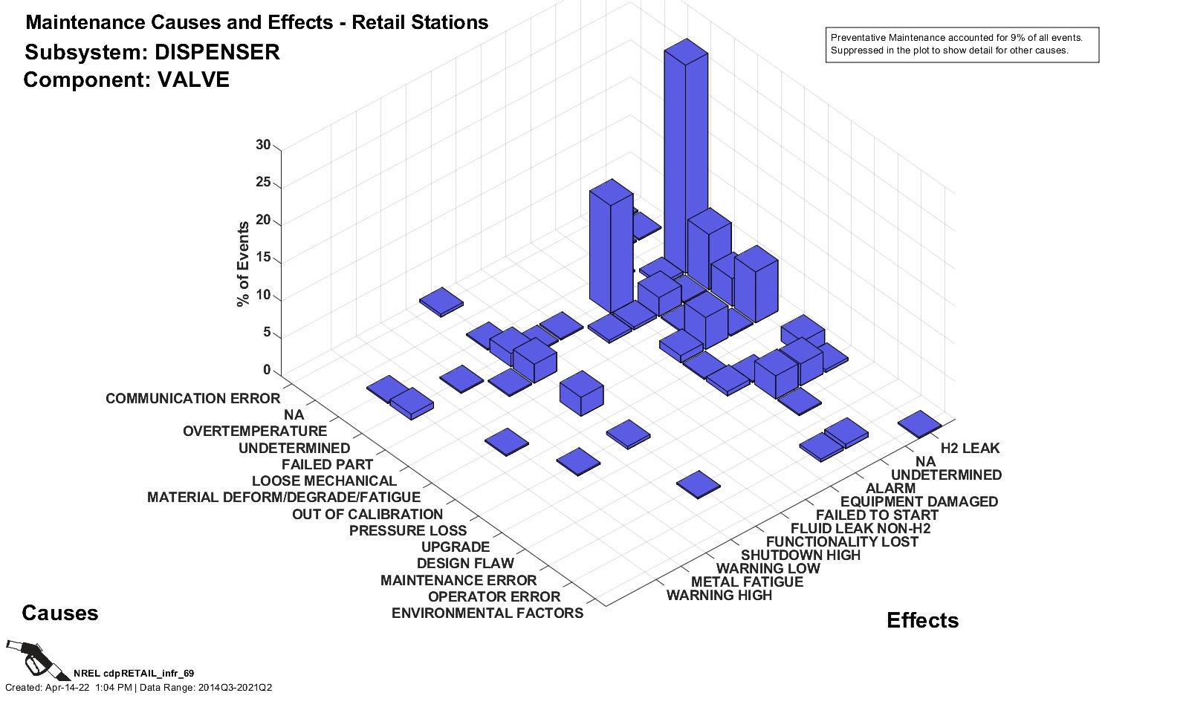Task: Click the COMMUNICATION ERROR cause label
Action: coord(192,399)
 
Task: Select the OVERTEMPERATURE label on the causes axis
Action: coord(254,432)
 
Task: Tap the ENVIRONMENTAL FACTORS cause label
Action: coord(487,613)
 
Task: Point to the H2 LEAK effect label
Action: coord(970,449)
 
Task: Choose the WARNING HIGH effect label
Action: coord(719,596)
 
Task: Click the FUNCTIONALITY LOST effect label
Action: coord(841,542)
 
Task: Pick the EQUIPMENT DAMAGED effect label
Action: coord(919,502)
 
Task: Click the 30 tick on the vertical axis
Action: coord(263,146)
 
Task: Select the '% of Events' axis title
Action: coord(243,264)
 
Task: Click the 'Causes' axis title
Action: coord(59,613)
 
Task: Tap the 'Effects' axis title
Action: coord(922,621)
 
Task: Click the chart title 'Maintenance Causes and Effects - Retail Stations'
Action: coord(256,23)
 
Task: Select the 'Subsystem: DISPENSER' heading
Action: coord(152,53)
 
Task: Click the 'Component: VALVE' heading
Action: coord(126,80)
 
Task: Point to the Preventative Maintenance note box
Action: coord(962,45)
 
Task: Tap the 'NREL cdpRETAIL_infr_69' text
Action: coord(134,674)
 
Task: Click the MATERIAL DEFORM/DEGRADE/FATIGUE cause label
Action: coord(283,498)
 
